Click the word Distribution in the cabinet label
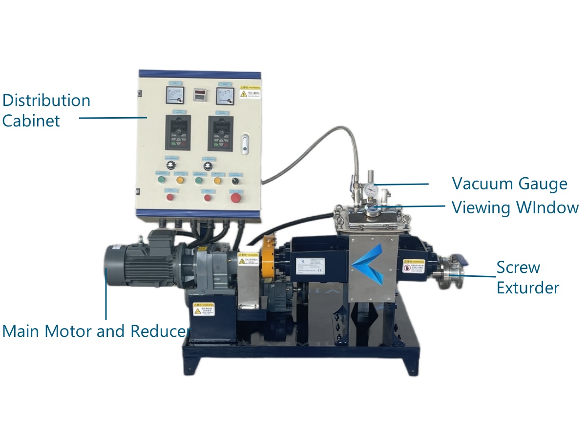click(x=46, y=101)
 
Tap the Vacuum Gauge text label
click(x=509, y=184)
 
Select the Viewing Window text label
click(x=515, y=207)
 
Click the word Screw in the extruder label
click(x=518, y=268)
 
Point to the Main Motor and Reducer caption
click(x=95, y=331)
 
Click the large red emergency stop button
click(x=235, y=197)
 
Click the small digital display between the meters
click(x=199, y=94)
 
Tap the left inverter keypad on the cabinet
click(x=178, y=133)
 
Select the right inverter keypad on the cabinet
click(x=220, y=133)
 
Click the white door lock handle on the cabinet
click(x=245, y=144)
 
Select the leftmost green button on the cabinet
click(x=162, y=180)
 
